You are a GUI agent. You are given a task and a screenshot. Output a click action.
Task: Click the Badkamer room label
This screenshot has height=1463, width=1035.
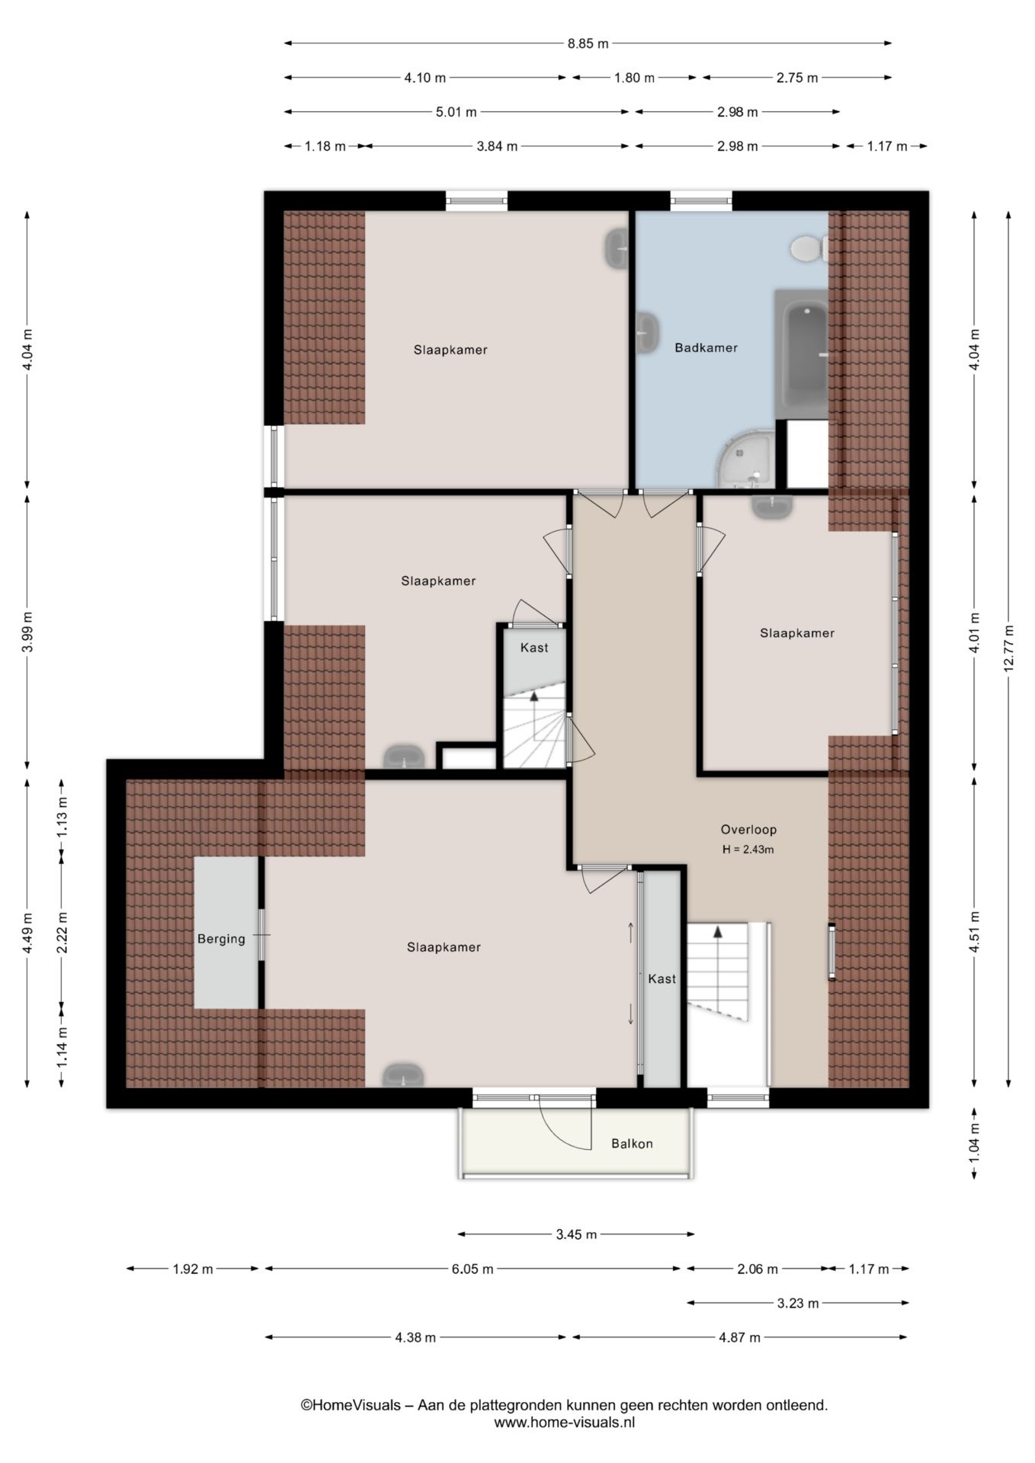(706, 348)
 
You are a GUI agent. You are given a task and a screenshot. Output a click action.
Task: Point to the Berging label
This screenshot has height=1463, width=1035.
(221, 939)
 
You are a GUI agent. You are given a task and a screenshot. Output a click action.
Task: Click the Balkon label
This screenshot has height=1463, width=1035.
(632, 1144)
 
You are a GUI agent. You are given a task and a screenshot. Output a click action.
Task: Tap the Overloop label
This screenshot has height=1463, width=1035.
(748, 830)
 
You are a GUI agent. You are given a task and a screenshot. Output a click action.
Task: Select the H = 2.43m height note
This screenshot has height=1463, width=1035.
(748, 850)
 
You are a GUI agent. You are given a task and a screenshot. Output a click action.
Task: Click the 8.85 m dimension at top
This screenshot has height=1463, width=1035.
(588, 43)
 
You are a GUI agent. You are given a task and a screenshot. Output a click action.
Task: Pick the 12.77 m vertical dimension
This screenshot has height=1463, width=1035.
(1009, 648)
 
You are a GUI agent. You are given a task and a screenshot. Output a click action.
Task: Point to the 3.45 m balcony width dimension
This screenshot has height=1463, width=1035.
(576, 1234)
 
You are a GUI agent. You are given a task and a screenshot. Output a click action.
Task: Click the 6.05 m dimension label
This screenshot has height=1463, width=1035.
(473, 1269)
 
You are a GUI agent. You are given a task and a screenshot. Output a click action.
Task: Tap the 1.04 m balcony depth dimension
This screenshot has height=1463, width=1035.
(974, 1144)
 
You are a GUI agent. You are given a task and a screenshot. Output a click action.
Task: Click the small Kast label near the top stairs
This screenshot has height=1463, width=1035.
(534, 648)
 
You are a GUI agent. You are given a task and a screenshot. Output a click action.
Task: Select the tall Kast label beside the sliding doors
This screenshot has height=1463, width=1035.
(662, 978)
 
